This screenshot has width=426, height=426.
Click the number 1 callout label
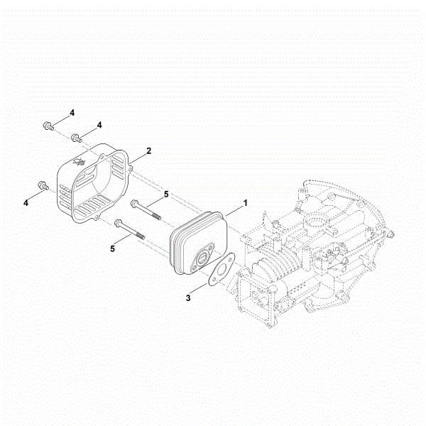[x=246, y=202]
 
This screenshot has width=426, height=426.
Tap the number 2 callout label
[x=148, y=151]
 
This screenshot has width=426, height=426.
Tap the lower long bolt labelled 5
[x=132, y=230]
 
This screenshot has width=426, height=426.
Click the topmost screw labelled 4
[x=48, y=126]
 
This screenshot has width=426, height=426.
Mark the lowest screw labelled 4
[x=43, y=185]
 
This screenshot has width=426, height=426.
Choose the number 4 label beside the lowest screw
[x=26, y=202]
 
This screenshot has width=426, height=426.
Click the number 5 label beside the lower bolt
[x=112, y=248]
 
